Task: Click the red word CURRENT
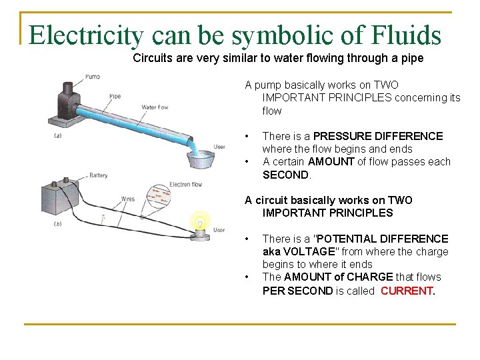(407, 291)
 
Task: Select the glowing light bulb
(199, 223)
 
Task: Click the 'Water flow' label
(155, 107)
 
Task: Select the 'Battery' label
(98, 176)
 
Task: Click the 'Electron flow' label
(186, 184)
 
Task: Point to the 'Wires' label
(127, 199)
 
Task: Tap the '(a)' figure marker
(58, 136)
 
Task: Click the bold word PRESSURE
(347, 136)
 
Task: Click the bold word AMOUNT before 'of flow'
(331, 162)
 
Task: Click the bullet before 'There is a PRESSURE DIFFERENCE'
(247, 136)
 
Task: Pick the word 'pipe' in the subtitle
(412, 58)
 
